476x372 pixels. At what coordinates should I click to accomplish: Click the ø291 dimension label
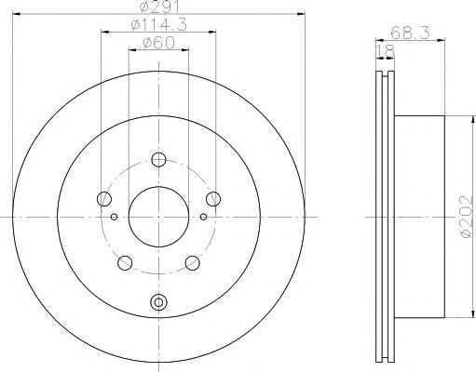pyautogui.click(x=159, y=7)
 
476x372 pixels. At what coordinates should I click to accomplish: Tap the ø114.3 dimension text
pyautogui.click(x=159, y=24)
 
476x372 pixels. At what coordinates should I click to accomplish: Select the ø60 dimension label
pyautogui.click(x=158, y=43)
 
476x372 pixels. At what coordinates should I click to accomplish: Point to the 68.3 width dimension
pyautogui.click(x=410, y=33)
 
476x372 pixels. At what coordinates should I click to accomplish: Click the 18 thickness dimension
pyautogui.click(x=386, y=51)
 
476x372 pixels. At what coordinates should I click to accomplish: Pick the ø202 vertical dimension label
pyautogui.click(x=469, y=217)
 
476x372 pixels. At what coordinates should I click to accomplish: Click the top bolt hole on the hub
pyautogui.click(x=158, y=160)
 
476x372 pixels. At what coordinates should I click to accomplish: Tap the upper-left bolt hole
pyautogui.click(x=104, y=198)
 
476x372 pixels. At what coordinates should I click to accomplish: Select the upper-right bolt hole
pyautogui.click(x=213, y=198)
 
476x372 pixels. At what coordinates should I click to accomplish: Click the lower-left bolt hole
pyautogui.click(x=125, y=263)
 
